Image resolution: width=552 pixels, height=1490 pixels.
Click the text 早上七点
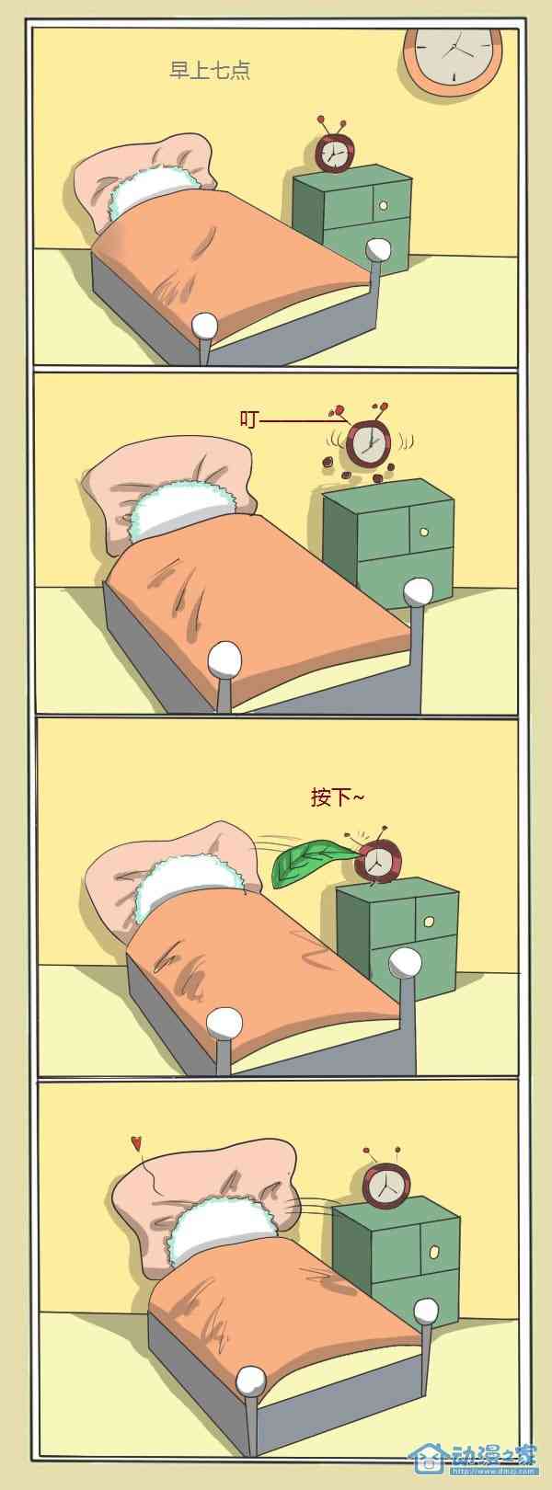(210, 71)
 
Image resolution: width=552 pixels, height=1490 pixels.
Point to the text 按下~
(338, 797)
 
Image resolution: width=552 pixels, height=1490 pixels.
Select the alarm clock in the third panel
(377, 862)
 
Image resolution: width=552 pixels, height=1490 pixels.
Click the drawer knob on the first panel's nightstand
(383, 205)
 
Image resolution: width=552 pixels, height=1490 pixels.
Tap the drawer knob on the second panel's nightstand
(424, 533)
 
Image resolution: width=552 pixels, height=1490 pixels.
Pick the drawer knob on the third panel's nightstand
(429, 922)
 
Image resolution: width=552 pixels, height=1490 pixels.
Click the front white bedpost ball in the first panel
(205, 326)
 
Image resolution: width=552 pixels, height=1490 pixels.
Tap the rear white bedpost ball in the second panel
(419, 591)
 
